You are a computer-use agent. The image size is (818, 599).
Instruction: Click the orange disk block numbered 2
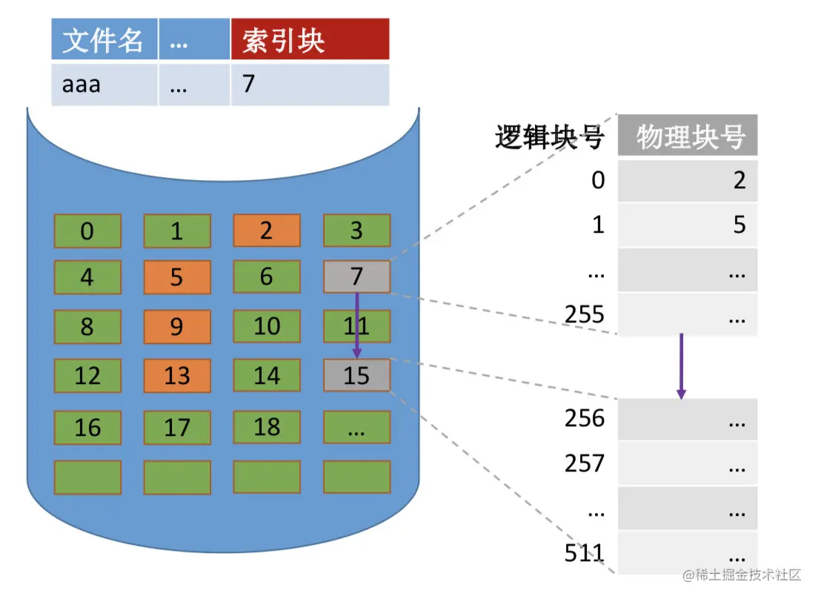(x=267, y=231)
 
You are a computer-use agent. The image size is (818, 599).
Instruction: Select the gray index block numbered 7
(x=356, y=277)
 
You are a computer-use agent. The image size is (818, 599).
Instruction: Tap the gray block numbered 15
(x=356, y=375)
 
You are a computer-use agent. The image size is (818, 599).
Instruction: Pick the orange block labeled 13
(x=177, y=375)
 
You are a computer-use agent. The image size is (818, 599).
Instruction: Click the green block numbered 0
(x=87, y=231)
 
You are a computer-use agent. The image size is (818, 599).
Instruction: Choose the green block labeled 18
(x=267, y=427)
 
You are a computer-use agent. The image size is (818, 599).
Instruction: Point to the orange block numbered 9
(x=177, y=326)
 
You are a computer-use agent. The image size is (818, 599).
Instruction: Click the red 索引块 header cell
(x=310, y=40)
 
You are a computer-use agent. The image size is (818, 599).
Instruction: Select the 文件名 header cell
(x=104, y=40)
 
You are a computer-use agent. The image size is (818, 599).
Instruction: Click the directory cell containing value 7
(x=310, y=85)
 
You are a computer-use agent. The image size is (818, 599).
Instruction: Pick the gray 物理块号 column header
(x=688, y=136)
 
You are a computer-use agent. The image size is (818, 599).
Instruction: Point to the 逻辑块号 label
(x=549, y=137)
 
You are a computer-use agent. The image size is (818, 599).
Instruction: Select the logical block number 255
(x=585, y=314)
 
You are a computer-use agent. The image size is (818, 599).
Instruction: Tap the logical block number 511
(x=585, y=553)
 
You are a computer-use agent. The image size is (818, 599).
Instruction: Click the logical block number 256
(x=585, y=419)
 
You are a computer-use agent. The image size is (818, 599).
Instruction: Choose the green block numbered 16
(x=87, y=427)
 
